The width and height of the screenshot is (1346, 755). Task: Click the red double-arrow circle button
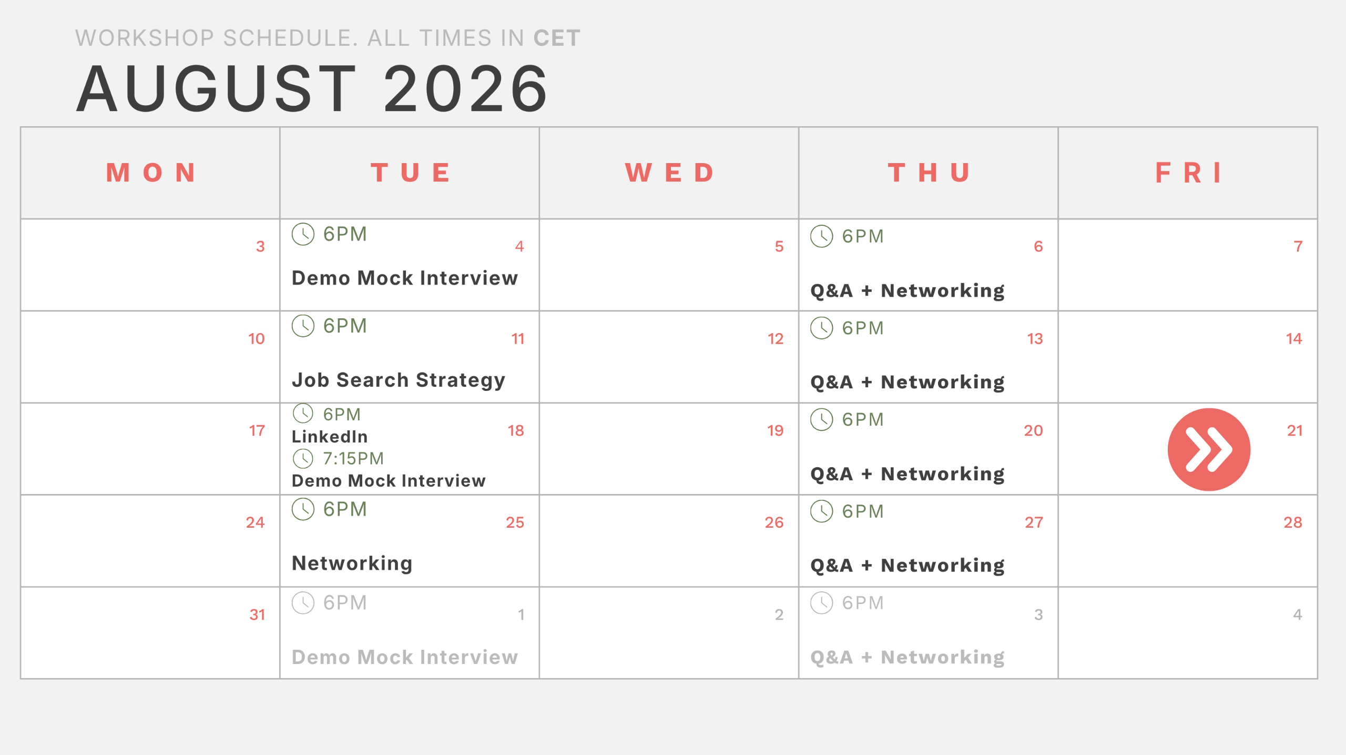pos(1209,449)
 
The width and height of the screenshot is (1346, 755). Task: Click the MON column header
pos(151,173)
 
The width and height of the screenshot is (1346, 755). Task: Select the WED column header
pos(669,173)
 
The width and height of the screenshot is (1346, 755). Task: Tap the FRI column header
pos(1188,173)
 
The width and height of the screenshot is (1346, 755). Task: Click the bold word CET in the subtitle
pos(557,38)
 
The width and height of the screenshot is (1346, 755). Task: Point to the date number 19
pos(775,430)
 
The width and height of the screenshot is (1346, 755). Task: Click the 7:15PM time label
pos(353,458)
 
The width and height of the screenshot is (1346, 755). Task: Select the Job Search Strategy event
pos(398,380)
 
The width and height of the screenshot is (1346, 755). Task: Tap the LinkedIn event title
pos(330,436)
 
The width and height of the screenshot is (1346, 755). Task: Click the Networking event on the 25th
pos(352,563)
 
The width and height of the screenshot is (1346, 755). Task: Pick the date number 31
pos(257,614)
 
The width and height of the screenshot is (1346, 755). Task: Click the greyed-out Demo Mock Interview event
pos(404,657)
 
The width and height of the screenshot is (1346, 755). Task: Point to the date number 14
pos(1294,338)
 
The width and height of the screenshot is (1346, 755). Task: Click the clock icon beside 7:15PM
pos(303,458)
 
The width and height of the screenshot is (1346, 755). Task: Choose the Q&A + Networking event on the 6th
pos(907,290)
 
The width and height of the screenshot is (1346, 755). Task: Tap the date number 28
pos(1293,522)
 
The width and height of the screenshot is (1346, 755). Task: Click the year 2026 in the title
pos(466,88)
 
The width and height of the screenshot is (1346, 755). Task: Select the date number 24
pos(255,522)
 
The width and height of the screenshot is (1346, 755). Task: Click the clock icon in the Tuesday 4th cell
pos(303,234)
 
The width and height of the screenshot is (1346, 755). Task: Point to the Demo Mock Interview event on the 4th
pos(404,278)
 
